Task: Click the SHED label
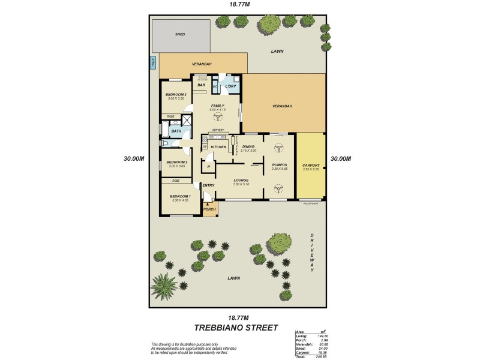(x=180, y=34)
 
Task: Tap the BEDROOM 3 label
(x=176, y=94)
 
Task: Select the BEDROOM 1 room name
(x=180, y=197)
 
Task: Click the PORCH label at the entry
(x=209, y=209)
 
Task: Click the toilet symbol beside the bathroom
(x=164, y=144)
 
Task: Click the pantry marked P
(x=208, y=166)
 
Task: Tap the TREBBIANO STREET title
(x=236, y=328)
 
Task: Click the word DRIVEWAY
(x=312, y=252)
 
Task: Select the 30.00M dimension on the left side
(x=133, y=159)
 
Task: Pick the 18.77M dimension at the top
(x=239, y=4)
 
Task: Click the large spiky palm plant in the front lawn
(x=164, y=284)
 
